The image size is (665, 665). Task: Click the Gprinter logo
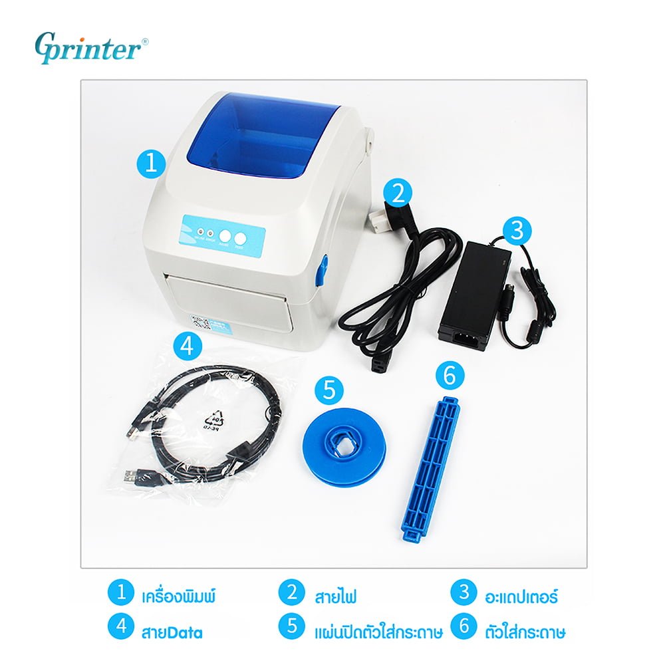(x=92, y=49)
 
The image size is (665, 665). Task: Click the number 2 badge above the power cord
(x=398, y=192)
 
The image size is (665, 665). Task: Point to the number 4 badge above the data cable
(x=188, y=345)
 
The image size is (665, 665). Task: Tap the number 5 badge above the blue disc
(x=329, y=390)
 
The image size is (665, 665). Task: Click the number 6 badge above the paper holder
(x=450, y=376)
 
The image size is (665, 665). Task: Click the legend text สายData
(x=172, y=629)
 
